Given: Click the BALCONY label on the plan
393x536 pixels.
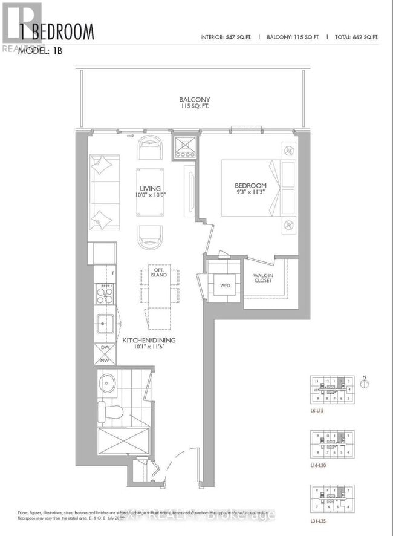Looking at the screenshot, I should coord(194,103).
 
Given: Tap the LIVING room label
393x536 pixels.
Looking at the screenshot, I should coord(149,192).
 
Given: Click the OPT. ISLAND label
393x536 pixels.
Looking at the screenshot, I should coord(158,272).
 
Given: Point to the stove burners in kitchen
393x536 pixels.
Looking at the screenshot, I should coord(105,295).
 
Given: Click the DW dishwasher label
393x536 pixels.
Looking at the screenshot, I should coord(105,348).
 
